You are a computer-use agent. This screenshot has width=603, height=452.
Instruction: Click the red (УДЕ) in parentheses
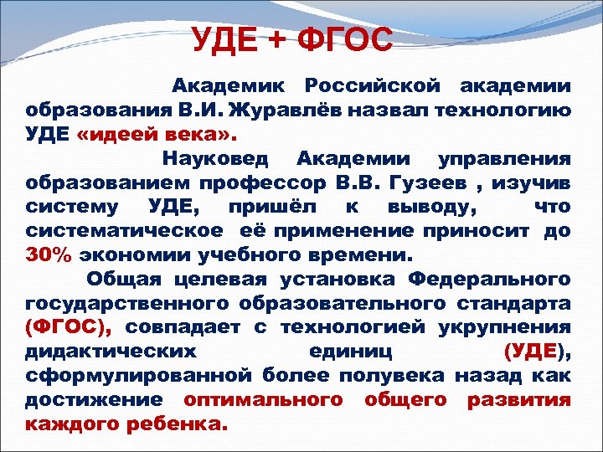point(540,351)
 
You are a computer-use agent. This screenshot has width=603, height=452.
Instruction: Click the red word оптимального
point(263,399)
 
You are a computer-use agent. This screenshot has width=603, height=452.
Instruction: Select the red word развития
point(519,399)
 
